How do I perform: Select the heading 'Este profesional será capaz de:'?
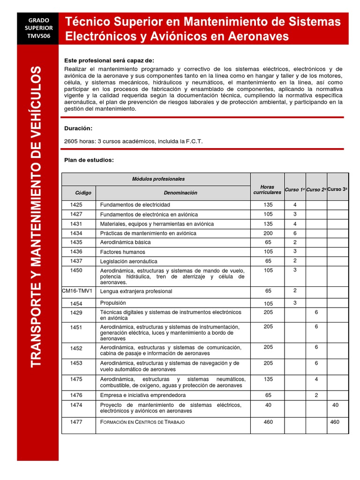[109, 61]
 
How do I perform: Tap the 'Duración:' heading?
[78, 128]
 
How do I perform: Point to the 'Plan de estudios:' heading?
[89, 160]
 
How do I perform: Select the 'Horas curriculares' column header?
[267, 189]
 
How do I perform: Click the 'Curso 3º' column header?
[337, 189]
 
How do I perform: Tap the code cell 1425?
[76, 205]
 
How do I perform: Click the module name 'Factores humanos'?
[123, 252]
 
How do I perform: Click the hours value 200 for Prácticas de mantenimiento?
[268, 233]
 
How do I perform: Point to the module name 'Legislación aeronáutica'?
[129, 261]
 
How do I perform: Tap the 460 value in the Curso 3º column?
[335, 422]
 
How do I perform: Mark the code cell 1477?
[76, 422]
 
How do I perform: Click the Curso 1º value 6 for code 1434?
[295, 233]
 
